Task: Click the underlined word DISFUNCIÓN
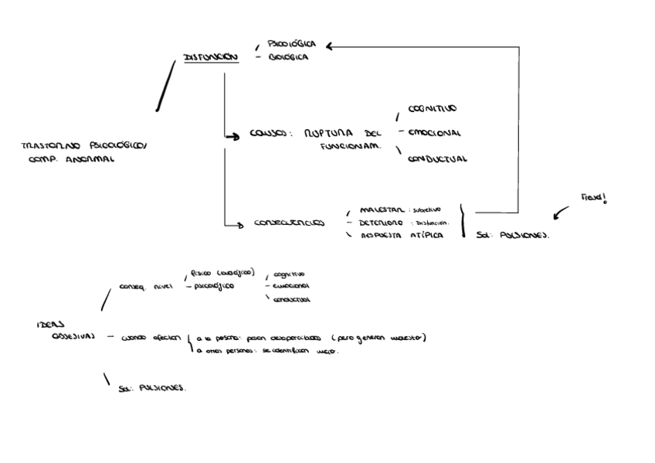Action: (210, 57)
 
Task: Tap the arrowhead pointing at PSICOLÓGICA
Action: (330, 46)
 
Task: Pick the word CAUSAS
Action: (269, 133)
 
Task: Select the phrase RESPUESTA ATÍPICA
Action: (402, 235)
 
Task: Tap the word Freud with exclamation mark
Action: (594, 198)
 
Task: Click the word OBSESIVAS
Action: (73, 337)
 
